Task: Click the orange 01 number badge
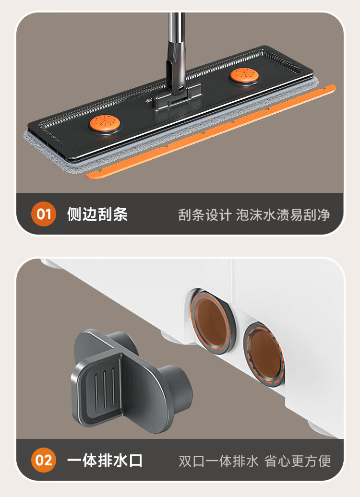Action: [44, 214]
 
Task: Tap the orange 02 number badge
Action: [44, 460]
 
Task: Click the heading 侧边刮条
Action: [97, 214]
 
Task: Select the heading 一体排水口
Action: [105, 460]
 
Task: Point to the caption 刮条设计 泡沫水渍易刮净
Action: [254, 215]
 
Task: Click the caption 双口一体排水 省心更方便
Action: [254, 461]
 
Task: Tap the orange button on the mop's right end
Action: [244, 75]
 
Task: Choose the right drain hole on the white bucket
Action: [265, 354]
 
